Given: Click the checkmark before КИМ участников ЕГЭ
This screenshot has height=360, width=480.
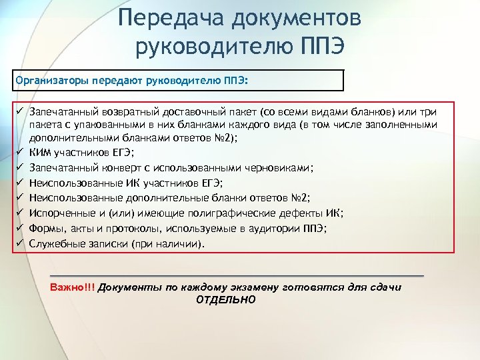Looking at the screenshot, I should [21, 151].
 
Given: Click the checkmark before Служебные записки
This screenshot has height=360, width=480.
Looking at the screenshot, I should [21, 244].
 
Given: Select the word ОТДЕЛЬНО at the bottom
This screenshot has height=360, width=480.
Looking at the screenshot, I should [226, 299].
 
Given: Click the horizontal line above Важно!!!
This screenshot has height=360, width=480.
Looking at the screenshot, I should [237, 275].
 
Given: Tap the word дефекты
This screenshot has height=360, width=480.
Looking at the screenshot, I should [301, 213].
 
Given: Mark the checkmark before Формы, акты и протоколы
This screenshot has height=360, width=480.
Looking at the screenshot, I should [21, 229].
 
